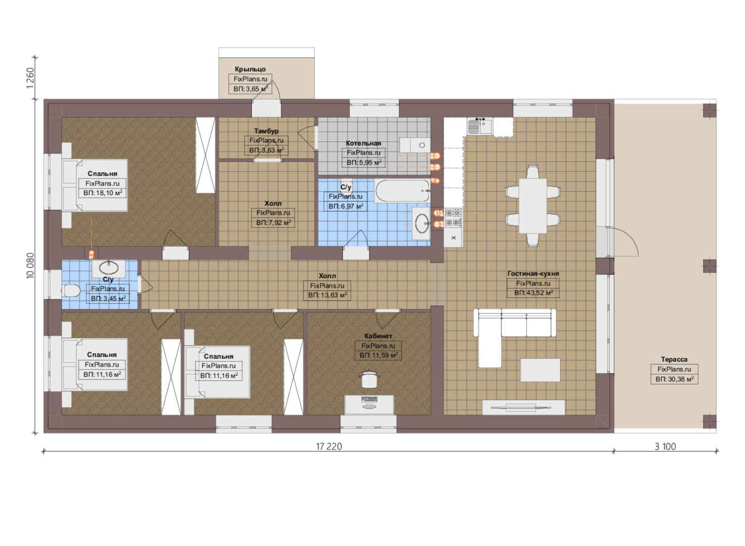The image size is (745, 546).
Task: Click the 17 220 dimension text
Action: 329,446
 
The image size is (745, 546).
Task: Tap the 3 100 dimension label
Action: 665,446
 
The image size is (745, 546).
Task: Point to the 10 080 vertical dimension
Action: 30,265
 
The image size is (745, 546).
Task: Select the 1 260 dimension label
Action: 30,78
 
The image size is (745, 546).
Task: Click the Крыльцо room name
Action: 250,69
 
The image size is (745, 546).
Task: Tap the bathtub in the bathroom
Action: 402,191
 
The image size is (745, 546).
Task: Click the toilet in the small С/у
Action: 71,291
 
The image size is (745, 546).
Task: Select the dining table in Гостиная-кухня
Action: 533,206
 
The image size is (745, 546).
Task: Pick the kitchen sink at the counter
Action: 480,127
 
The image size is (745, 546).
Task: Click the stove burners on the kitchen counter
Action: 453,217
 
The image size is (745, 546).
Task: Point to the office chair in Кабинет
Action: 369,379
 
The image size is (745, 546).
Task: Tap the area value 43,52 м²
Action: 533,293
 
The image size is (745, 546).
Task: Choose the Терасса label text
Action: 674,359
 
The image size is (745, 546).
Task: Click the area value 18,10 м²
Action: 103,193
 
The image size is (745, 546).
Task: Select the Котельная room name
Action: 363,144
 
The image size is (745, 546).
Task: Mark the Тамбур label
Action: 266,131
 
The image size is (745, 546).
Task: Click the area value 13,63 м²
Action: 328,295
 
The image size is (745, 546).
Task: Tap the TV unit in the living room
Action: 524,407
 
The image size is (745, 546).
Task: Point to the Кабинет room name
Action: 378,336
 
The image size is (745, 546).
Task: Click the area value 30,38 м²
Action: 674,379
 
